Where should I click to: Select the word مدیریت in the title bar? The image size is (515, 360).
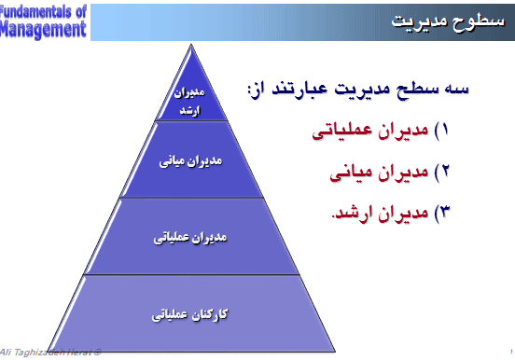pyautogui.click(x=419, y=21)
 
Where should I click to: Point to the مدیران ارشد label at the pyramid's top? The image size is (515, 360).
pyautogui.click(x=189, y=103)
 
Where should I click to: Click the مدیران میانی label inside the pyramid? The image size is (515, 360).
pyautogui.click(x=190, y=159)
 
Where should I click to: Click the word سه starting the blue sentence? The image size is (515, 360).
pyautogui.click(x=453, y=92)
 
